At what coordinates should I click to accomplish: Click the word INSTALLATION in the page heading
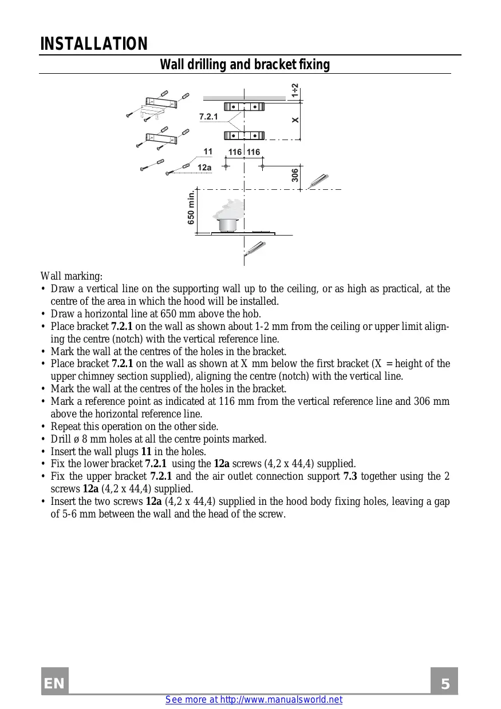(94, 44)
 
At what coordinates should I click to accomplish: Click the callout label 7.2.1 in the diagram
(208, 117)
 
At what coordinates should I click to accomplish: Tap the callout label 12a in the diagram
(204, 168)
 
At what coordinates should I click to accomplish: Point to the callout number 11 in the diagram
(208, 152)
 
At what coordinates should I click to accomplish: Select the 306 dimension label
(294, 175)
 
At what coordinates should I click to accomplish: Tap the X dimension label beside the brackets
(295, 120)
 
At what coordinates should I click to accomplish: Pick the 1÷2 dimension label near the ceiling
(294, 90)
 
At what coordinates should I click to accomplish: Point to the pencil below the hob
(254, 248)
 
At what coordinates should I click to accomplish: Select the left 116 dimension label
(235, 152)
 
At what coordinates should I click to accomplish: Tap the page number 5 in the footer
(445, 684)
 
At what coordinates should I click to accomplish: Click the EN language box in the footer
(54, 684)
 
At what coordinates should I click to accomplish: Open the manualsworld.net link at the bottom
(254, 700)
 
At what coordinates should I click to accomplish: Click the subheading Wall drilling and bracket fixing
(244, 65)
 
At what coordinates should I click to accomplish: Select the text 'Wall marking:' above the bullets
(72, 276)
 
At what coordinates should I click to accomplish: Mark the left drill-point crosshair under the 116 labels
(226, 166)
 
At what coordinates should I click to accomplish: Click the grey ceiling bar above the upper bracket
(243, 98)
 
